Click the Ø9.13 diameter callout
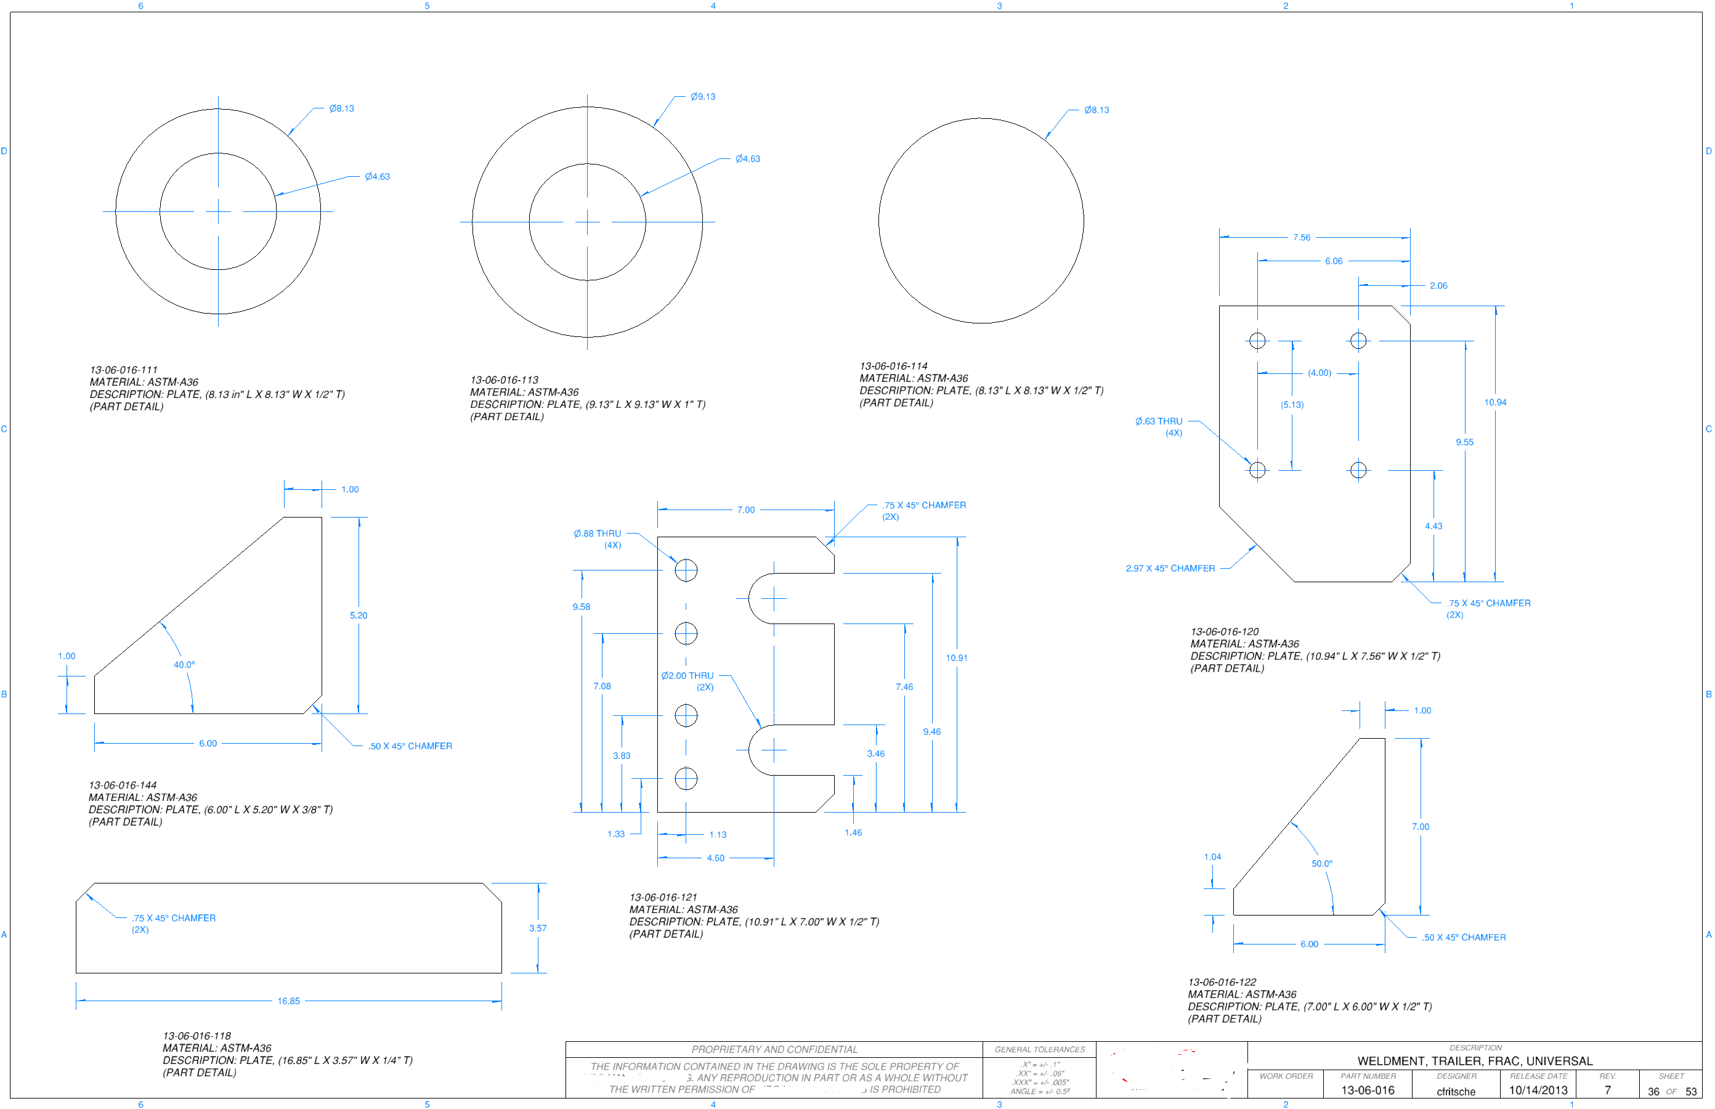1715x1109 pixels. (702, 97)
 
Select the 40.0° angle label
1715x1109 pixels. (184, 665)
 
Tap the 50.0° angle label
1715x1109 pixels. (1321, 863)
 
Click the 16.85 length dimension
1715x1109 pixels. (288, 1001)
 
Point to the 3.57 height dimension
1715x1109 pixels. (537, 928)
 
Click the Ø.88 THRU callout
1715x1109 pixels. (597, 534)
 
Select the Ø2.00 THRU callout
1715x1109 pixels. (687, 675)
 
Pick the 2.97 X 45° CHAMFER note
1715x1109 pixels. (1169, 568)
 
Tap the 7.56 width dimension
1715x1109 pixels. (1301, 237)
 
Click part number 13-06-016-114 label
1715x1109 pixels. (893, 366)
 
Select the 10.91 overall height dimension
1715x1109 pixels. (956, 657)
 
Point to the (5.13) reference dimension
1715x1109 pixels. (1292, 405)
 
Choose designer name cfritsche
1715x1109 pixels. (1455, 1092)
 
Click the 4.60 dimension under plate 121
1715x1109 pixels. (715, 858)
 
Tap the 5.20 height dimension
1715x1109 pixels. (358, 615)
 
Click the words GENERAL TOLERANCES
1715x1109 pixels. (1039, 1049)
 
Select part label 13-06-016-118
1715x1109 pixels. (197, 1036)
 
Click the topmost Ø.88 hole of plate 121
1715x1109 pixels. (686, 571)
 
